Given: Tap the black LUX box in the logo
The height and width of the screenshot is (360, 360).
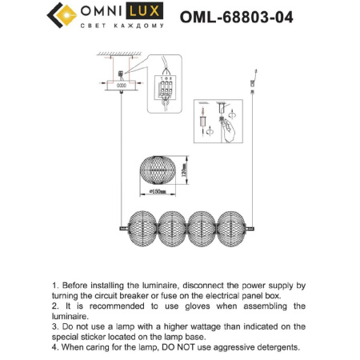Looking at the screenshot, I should pos(148,14).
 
